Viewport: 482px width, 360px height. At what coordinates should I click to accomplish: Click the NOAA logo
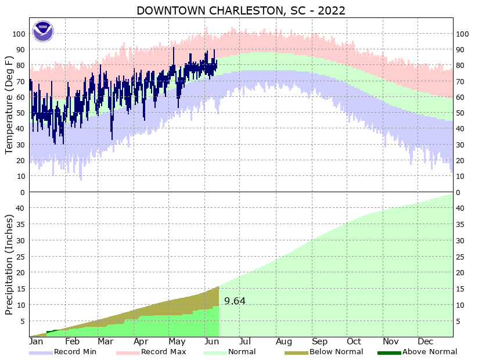pos(42,31)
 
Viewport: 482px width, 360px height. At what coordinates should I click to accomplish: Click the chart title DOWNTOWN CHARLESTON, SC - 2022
pos(241,10)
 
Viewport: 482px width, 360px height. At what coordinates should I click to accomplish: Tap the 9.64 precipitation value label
pos(235,301)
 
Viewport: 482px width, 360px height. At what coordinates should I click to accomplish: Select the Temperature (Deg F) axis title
pos(9,105)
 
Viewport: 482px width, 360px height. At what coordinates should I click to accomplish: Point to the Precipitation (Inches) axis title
pos(9,265)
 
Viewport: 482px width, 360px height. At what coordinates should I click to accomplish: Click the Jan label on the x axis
pos(37,341)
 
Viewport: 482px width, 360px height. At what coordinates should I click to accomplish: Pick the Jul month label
pos(244,341)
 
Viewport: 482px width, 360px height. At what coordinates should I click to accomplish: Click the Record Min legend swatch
pos(41,352)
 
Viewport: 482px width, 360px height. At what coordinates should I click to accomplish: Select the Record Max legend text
pos(163,352)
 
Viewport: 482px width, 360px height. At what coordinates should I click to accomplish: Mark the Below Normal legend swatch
pos(296,352)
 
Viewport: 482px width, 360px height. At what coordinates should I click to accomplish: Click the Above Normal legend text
pos(430,352)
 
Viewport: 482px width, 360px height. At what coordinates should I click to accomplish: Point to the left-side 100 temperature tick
pos(18,34)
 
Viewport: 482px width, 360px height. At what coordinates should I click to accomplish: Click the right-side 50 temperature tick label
pos(462,113)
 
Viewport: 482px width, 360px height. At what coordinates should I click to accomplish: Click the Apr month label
pos(141,341)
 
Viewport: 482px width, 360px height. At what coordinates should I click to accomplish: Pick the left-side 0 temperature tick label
pos(22,193)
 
